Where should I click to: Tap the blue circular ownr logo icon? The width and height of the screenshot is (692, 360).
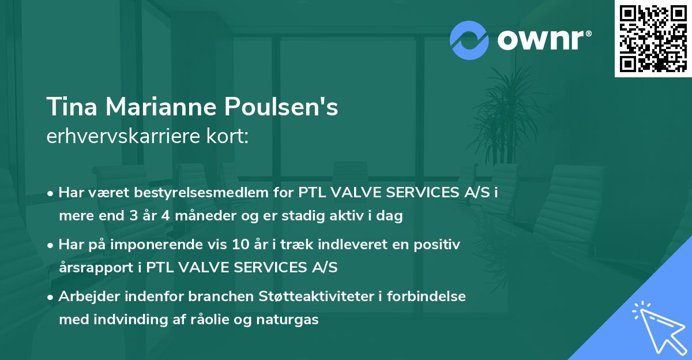469,40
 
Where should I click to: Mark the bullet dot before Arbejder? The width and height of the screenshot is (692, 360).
51,297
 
